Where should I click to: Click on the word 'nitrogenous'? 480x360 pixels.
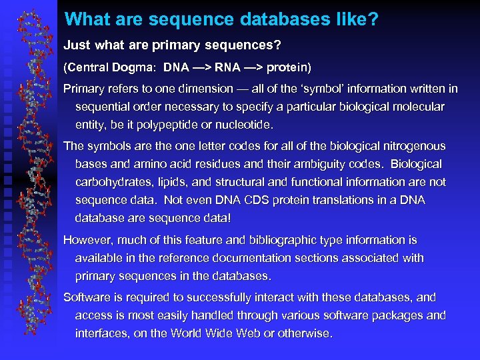point(414,146)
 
